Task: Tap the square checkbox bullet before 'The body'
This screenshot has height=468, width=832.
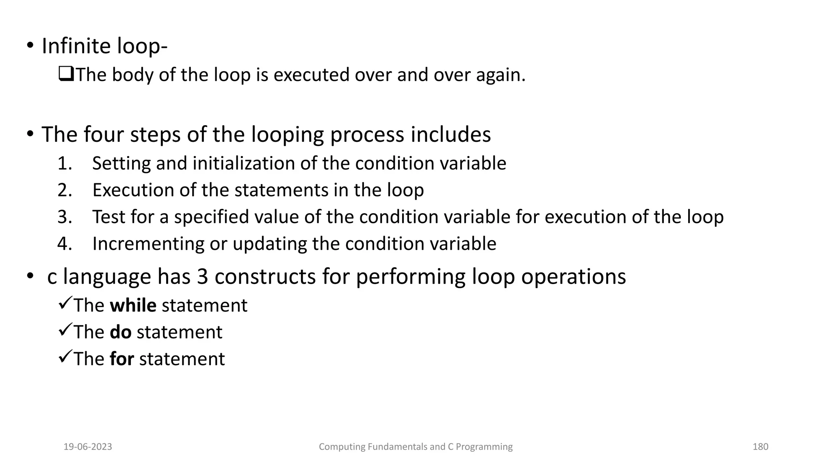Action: coord(66,74)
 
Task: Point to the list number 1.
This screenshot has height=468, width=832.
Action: coord(64,163)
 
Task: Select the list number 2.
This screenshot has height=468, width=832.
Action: coord(64,190)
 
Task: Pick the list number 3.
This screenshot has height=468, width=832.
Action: coord(64,217)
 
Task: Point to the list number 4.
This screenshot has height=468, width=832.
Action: coord(64,244)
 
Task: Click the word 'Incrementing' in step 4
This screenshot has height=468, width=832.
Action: coord(148,244)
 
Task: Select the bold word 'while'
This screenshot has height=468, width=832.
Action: coord(133,305)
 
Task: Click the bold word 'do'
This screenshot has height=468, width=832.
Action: coord(120,332)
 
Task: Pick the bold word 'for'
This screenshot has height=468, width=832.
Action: coord(121,359)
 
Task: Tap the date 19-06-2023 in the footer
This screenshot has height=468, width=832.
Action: coord(88,447)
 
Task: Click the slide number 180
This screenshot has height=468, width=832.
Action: coord(760,447)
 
